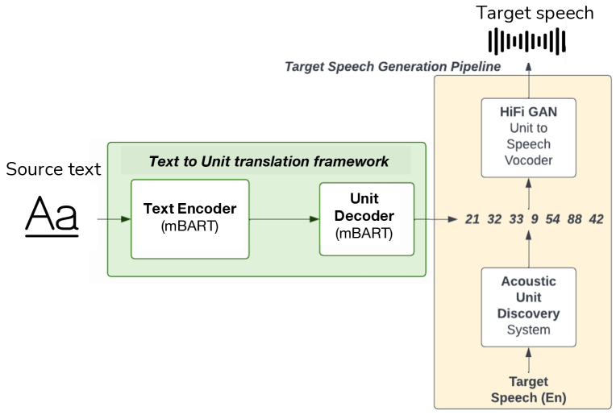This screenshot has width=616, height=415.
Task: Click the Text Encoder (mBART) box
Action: pyautogui.click(x=190, y=218)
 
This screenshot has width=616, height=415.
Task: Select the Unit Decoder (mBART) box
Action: pyautogui.click(x=367, y=218)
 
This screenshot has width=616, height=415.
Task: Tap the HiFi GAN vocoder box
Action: pyautogui.click(x=529, y=137)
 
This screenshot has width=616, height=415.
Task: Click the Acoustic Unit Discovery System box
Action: pyautogui.click(x=529, y=306)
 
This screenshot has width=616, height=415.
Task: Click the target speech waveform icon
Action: pyautogui.click(x=529, y=40)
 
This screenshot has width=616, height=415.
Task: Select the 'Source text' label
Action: pyautogui.click(x=53, y=169)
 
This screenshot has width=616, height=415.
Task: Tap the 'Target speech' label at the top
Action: pyautogui.click(x=535, y=13)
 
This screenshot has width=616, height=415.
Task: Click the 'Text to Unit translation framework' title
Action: pyautogui.click(x=268, y=161)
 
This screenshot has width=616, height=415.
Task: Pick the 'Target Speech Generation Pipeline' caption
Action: pyautogui.click(x=393, y=66)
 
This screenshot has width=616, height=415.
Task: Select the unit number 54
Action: pyautogui.click(x=552, y=219)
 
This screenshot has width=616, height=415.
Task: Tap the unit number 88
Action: pyautogui.click(x=574, y=219)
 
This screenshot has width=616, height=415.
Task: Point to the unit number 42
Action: pyautogui.click(x=596, y=219)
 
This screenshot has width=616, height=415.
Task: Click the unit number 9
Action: pyautogui.click(x=533, y=219)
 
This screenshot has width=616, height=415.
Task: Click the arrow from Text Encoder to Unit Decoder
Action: pyautogui.click(x=285, y=218)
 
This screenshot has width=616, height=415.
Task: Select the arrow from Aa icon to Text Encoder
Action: pyautogui.click(x=113, y=218)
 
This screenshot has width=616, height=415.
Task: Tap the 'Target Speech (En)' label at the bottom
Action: pyautogui.click(x=529, y=390)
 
